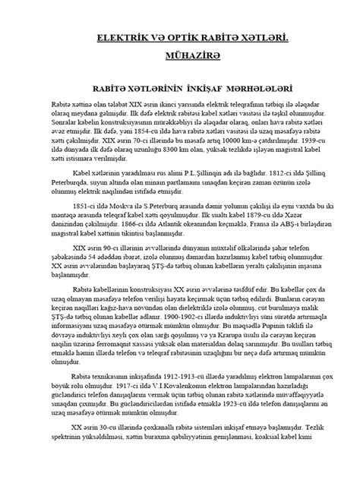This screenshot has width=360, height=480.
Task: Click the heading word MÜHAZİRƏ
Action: tap(180, 57)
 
